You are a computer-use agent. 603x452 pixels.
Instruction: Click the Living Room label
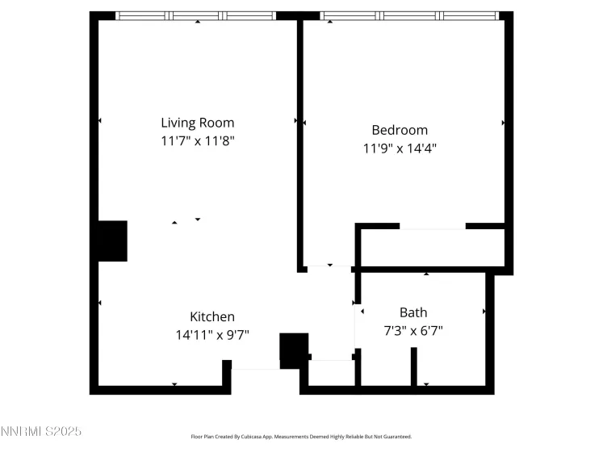pyautogui.click(x=197, y=123)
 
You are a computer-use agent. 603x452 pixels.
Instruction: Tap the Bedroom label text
pyautogui.click(x=399, y=130)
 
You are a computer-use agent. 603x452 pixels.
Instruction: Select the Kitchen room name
pyautogui.click(x=212, y=317)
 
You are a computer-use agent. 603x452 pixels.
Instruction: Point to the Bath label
pyautogui.click(x=413, y=312)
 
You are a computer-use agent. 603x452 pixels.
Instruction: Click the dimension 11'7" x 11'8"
pyautogui.click(x=197, y=141)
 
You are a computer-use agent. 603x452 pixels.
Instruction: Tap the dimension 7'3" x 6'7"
pyautogui.click(x=413, y=330)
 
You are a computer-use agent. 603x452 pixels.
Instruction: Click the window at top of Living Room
pyautogui.click(x=196, y=15)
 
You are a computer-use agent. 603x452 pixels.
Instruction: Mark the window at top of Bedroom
pyautogui.click(x=409, y=15)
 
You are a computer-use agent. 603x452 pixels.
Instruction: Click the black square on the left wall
pyautogui.click(x=112, y=241)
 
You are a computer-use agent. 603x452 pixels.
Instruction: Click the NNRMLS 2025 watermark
pyautogui.click(x=40, y=433)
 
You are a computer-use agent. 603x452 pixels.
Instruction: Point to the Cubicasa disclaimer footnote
pyautogui.click(x=300, y=437)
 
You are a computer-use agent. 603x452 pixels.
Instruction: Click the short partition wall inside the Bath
pyautogui.click(x=414, y=366)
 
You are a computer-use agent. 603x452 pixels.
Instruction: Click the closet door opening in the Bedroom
pyautogui.click(x=432, y=227)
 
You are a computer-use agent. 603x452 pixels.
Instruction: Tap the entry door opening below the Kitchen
pyautogui.click(x=255, y=370)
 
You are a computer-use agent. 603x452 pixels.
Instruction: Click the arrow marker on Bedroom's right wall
pyautogui.click(x=503, y=123)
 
